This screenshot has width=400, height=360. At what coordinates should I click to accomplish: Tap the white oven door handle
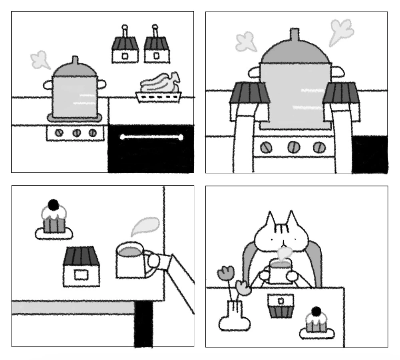point(151,137)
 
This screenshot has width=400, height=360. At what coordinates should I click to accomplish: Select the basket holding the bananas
point(158,97)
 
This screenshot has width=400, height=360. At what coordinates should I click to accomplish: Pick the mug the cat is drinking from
point(281,271)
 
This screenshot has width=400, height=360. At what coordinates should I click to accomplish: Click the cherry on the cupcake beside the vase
point(316,311)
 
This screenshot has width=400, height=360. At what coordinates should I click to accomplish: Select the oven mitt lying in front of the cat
point(281,306)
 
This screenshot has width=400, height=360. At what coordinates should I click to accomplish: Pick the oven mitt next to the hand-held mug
point(82,266)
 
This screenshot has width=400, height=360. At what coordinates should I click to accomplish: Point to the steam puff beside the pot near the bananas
point(40,61)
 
